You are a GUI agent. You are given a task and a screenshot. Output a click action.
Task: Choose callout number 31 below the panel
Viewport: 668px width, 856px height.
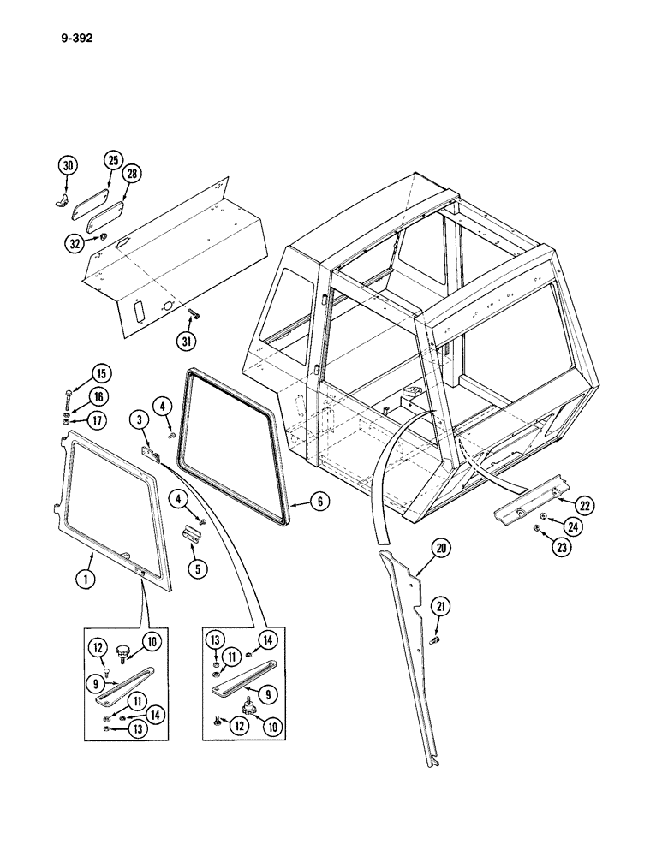pos(188,341)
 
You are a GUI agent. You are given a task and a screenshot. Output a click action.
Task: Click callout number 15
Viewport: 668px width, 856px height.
pos(102,373)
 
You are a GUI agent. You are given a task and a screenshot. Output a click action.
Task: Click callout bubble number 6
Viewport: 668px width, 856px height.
pos(317,502)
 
